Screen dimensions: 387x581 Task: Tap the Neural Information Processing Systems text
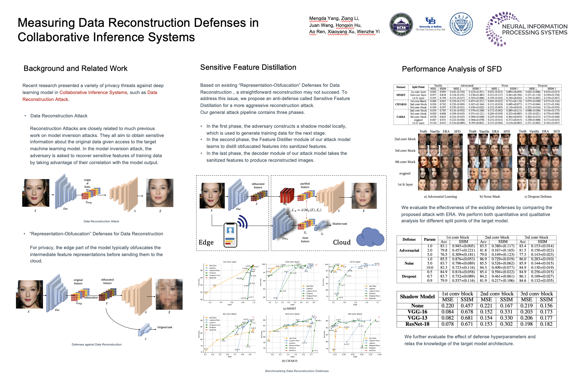[535, 29]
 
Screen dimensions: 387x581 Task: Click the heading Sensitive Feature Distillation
[248, 67]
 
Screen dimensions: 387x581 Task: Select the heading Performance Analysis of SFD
[451, 69]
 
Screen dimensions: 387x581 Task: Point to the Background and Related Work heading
[75, 68]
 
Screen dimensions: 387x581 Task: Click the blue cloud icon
[370, 237]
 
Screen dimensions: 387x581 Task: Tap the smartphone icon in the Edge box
[230, 235]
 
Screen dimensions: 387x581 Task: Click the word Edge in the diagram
[206, 242]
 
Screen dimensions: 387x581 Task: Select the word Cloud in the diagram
[342, 242]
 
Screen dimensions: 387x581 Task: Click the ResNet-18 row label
[417, 324]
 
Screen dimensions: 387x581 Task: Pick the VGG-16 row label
[417, 312]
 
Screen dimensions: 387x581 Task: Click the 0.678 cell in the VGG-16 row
[467, 312]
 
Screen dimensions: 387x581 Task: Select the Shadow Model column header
[417, 296]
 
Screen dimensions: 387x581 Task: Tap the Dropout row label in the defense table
[409, 276]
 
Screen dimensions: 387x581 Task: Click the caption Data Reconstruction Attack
[101, 221]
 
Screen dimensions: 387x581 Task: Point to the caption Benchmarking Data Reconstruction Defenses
[297, 371]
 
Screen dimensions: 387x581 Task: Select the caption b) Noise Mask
[490, 197]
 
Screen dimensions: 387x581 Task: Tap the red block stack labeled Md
[287, 196]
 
